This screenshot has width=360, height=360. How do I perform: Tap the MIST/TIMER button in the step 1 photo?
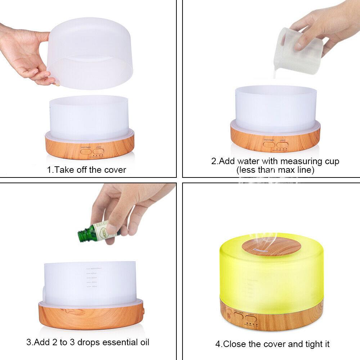tap(86, 151)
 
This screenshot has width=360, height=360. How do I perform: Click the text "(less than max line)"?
tap(275, 170)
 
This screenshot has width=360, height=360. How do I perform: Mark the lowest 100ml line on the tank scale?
tap(94, 287)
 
